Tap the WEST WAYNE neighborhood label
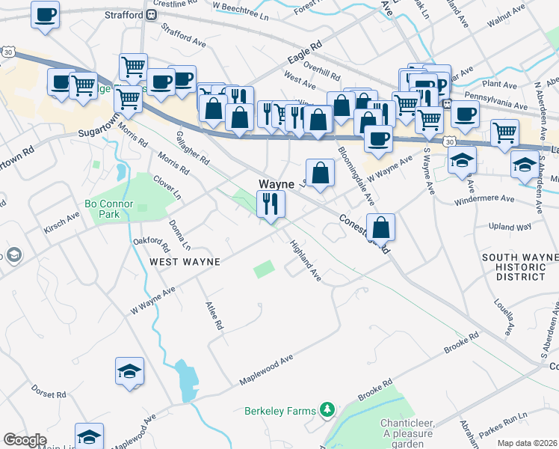click(x=185, y=262)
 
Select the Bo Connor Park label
click(x=113, y=209)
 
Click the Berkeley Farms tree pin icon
click(x=327, y=409)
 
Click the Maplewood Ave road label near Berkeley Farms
click(x=266, y=370)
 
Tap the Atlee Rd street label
click(x=214, y=315)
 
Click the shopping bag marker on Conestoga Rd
click(x=380, y=227)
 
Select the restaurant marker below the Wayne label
click(x=269, y=204)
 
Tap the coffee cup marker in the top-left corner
click(x=45, y=13)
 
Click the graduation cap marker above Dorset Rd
click(x=129, y=370)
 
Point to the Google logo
click(x=25, y=440)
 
